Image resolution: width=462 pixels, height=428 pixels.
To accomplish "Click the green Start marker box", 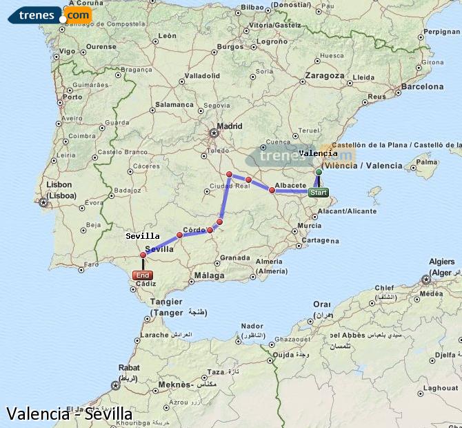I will [x=318, y=193].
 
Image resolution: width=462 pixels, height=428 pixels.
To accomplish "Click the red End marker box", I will [x=143, y=275].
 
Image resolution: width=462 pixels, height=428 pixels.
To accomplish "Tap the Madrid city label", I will [x=230, y=126].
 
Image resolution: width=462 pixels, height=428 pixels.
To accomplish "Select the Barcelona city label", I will [x=422, y=87].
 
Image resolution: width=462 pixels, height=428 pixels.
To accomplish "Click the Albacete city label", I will [x=290, y=186].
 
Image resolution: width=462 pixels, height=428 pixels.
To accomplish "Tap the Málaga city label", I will [x=209, y=275].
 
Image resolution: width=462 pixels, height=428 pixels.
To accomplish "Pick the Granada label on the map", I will [x=235, y=257].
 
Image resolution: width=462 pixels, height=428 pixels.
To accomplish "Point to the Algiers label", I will [x=441, y=262].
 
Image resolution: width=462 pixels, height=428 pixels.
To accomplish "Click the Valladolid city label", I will [x=202, y=75].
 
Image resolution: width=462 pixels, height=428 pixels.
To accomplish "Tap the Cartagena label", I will [x=318, y=240].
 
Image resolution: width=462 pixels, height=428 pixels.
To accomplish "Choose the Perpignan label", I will [x=441, y=32].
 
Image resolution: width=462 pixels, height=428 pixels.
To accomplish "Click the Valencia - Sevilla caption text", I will [x=69, y=414].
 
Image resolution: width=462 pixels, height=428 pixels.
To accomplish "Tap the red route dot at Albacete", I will [x=272, y=190].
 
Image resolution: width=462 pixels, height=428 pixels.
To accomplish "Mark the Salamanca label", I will [x=175, y=104].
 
